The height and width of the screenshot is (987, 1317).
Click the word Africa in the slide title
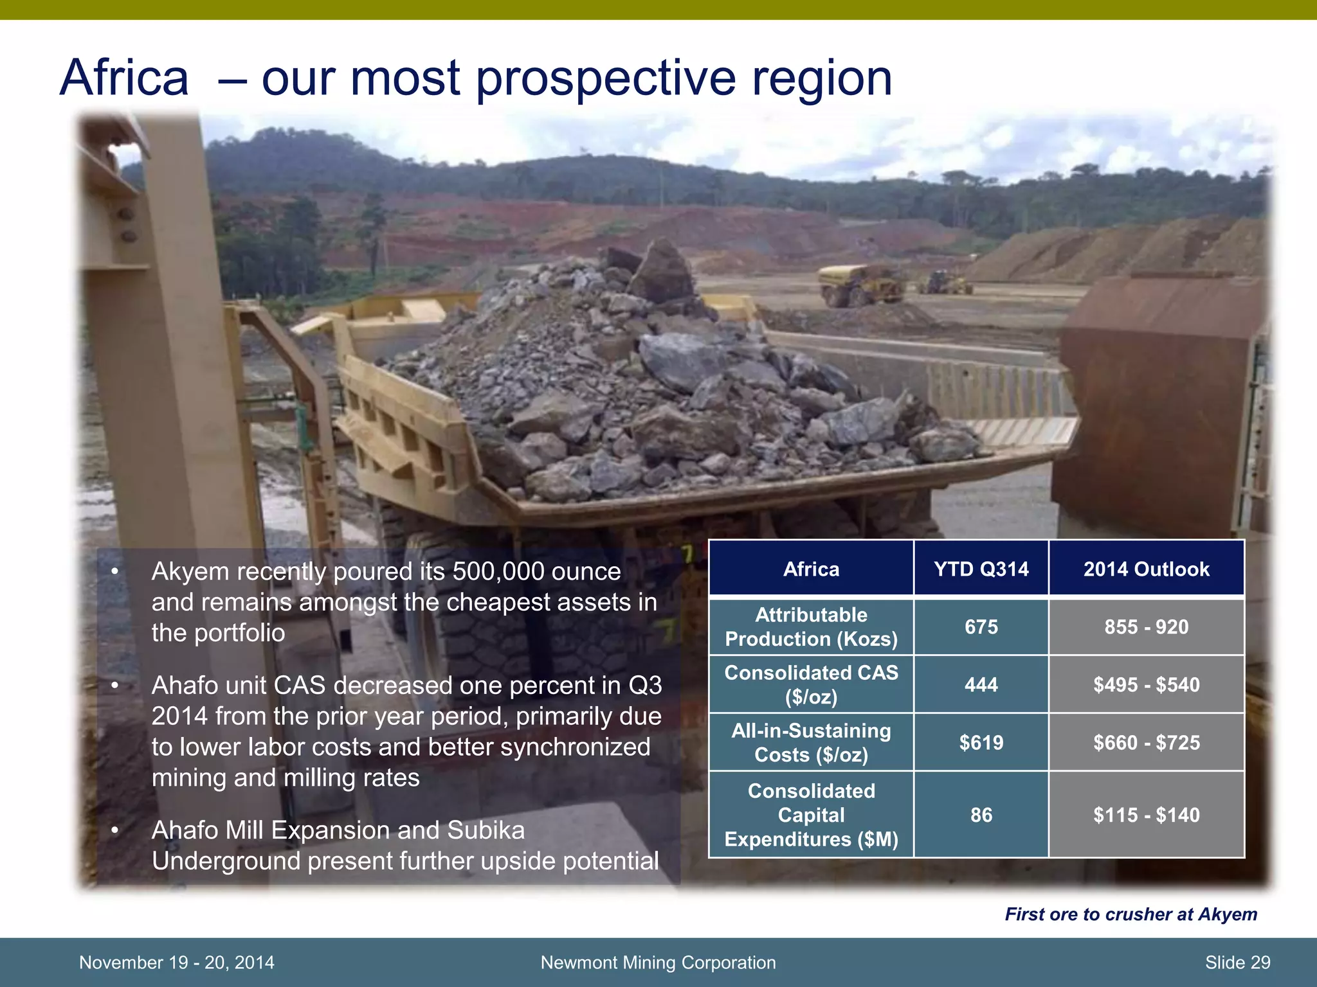point(125,78)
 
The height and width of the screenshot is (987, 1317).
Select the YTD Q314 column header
point(981,569)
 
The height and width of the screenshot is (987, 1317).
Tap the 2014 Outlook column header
point(1146,569)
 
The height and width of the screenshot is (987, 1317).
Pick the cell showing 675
point(981,627)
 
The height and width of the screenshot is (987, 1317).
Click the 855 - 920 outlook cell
point(1146,627)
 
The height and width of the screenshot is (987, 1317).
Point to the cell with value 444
point(981,684)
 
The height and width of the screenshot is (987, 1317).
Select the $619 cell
point(981,742)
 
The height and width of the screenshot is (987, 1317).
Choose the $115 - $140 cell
point(1146,815)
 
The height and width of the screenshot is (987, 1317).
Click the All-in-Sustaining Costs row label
point(811,742)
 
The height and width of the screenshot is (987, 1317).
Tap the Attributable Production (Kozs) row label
point(811,627)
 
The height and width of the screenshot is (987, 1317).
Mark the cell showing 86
point(981,815)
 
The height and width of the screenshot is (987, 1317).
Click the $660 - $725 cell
point(1146,742)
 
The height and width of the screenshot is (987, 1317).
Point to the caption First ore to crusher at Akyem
point(1131,914)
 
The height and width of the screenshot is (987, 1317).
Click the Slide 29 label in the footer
point(1237,962)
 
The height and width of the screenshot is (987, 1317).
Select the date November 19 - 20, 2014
point(176,962)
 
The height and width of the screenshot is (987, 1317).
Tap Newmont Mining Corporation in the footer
point(658,962)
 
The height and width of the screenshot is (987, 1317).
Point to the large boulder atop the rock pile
point(662,273)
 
